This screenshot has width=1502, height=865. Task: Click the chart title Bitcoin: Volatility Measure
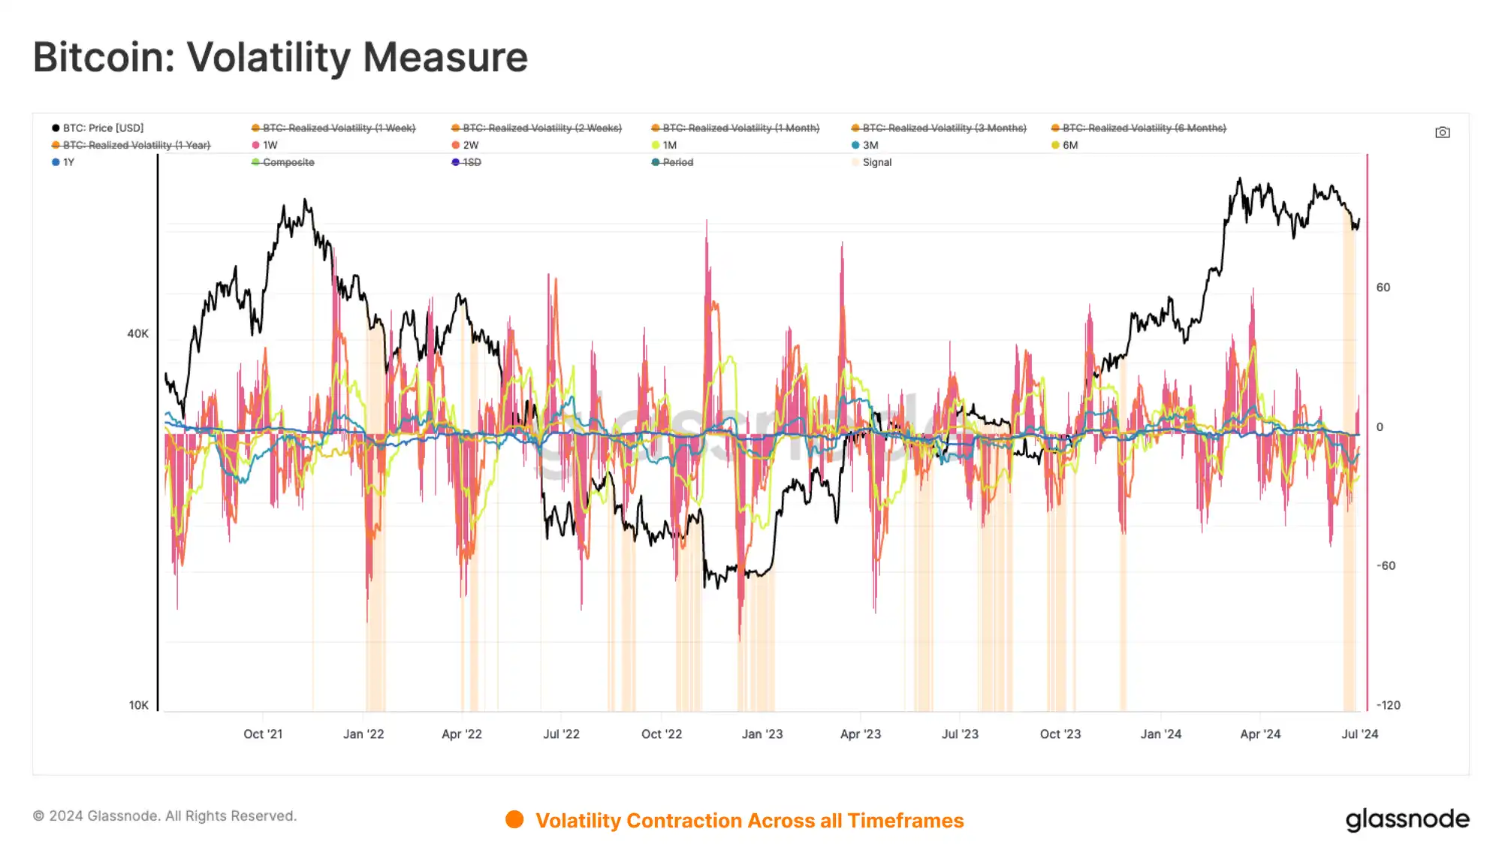click(x=280, y=57)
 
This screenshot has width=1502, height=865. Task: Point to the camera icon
click(x=1442, y=133)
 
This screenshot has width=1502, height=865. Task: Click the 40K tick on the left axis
click(x=137, y=334)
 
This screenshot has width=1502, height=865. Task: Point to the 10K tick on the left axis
click(x=139, y=705)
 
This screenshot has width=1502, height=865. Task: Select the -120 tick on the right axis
click(x=1388, y=705)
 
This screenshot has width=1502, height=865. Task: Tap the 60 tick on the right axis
click(x=1383, y=288)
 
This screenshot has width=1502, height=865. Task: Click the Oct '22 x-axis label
click(x=661, y=734)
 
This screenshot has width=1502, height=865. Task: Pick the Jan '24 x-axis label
click(x=1160, y=734)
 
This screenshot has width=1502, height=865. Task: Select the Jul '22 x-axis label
click(x=561, y=734)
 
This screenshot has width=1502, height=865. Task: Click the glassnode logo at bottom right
click(x=1407, y=819)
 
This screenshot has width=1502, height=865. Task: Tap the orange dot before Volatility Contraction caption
click(x=514, y=820)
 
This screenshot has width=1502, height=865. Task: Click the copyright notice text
click(x=165, y=816)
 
